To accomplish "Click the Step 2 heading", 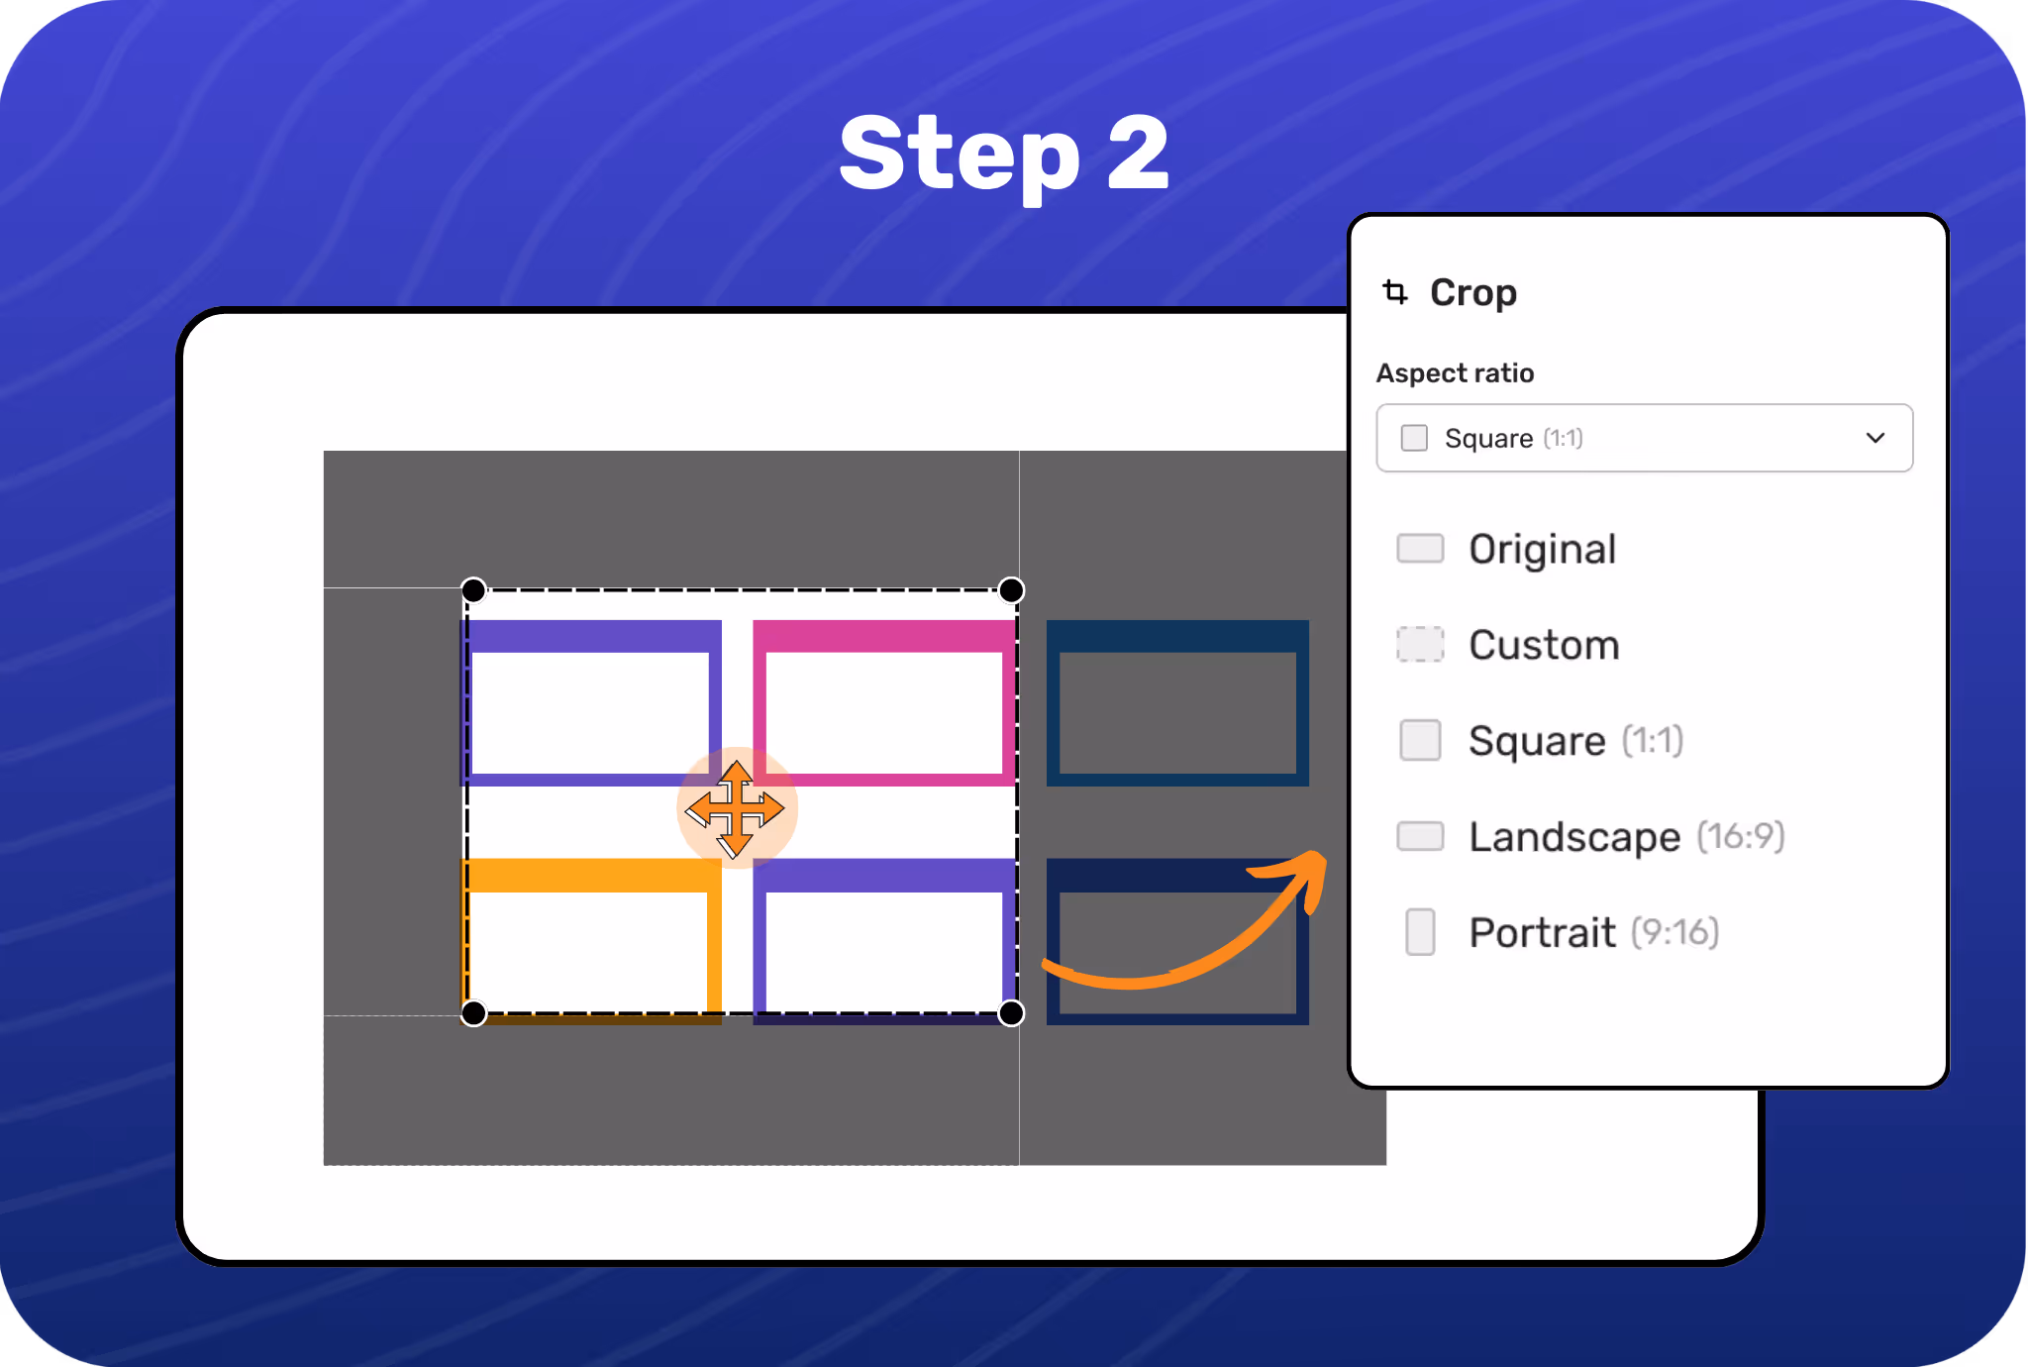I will point(1004,154).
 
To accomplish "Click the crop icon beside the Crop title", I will point(1395,292).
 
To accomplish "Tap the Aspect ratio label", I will point(1455,373).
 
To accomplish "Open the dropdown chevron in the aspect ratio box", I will point(1875,438).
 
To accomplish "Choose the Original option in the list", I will point(1542,549).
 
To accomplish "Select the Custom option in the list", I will point(1544,645).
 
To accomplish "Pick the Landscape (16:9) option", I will point(1625,837).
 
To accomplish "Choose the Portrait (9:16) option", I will point(1592,932).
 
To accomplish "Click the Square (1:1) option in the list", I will point(1574,741).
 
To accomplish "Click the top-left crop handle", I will point(474,590).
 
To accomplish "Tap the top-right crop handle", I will point(1011,590).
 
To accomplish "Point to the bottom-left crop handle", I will point(474,1013).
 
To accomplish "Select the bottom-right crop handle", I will point(1011,1013).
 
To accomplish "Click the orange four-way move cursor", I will point(736,808).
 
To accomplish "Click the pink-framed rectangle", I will point(884,702).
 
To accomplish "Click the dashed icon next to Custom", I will point(1420,645).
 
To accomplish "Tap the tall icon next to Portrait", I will point(1420,932).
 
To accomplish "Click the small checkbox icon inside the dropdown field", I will point(1414,438).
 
